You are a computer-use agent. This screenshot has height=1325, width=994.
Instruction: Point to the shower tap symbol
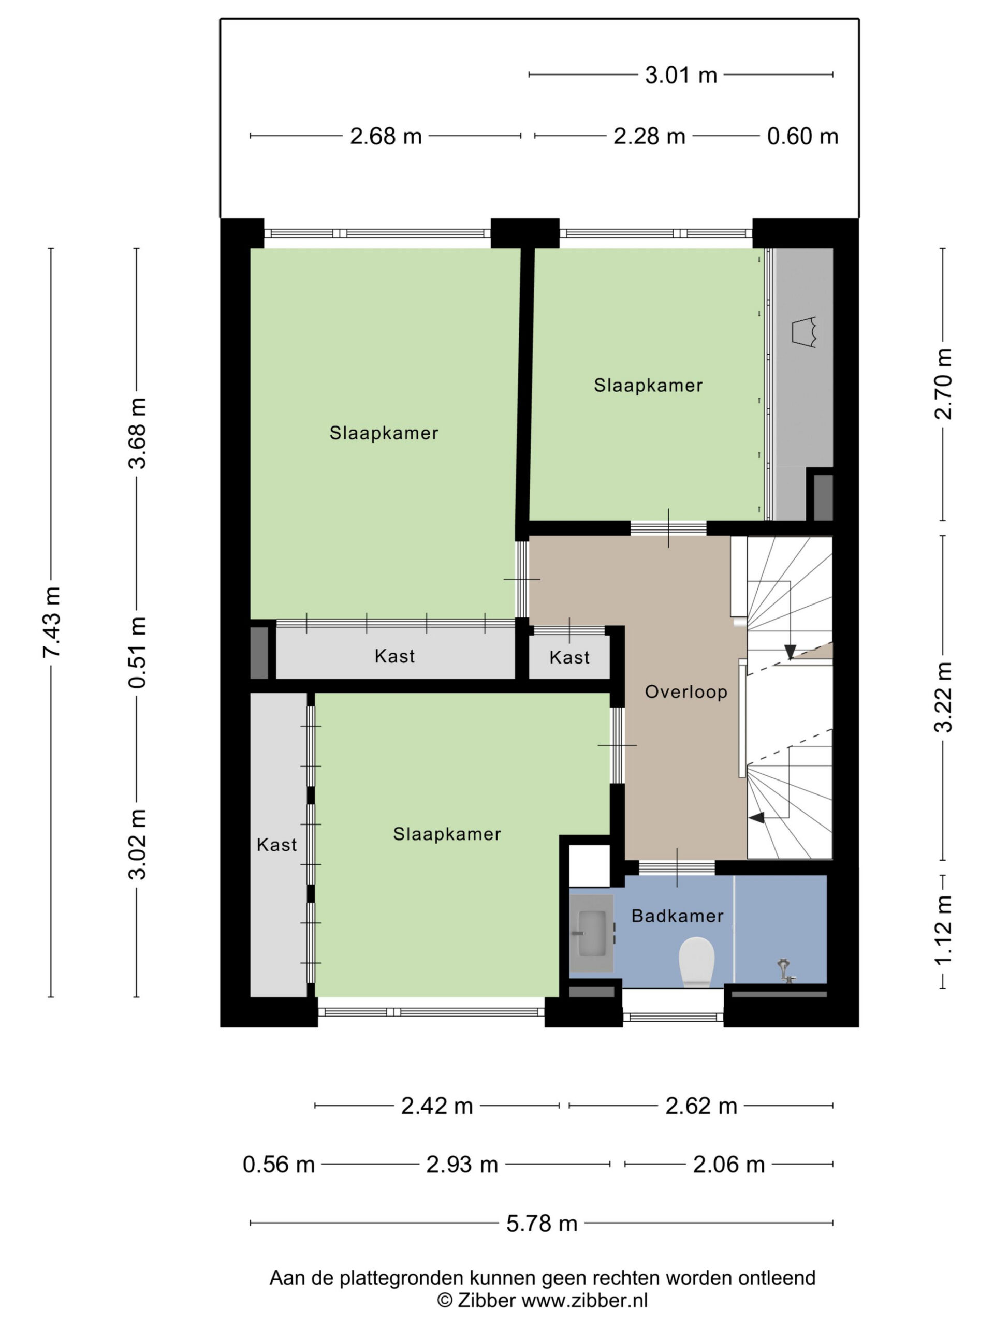click(785, 970)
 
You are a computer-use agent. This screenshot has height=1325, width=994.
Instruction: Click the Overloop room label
click(686, 691)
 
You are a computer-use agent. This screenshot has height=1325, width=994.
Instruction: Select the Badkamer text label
click(678, 915)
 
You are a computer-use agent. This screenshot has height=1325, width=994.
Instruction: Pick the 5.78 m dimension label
click(542, 1223)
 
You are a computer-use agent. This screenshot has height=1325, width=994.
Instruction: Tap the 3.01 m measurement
click(681, 75)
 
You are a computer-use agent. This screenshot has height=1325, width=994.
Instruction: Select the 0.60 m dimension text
click(802, 136)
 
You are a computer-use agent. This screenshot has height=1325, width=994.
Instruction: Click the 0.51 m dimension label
click(138, 652)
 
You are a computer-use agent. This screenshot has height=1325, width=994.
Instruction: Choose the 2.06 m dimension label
click(728, 1165)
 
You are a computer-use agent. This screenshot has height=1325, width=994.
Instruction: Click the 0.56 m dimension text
click(279, 1165)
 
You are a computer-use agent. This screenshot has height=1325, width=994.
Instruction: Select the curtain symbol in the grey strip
click(805, 331)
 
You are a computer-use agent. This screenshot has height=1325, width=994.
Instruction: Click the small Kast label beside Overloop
click(569, 657)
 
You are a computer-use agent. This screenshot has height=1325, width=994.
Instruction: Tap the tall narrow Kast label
click(277, 845)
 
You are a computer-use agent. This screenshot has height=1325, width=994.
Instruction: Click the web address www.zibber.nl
click(585, 1301)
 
